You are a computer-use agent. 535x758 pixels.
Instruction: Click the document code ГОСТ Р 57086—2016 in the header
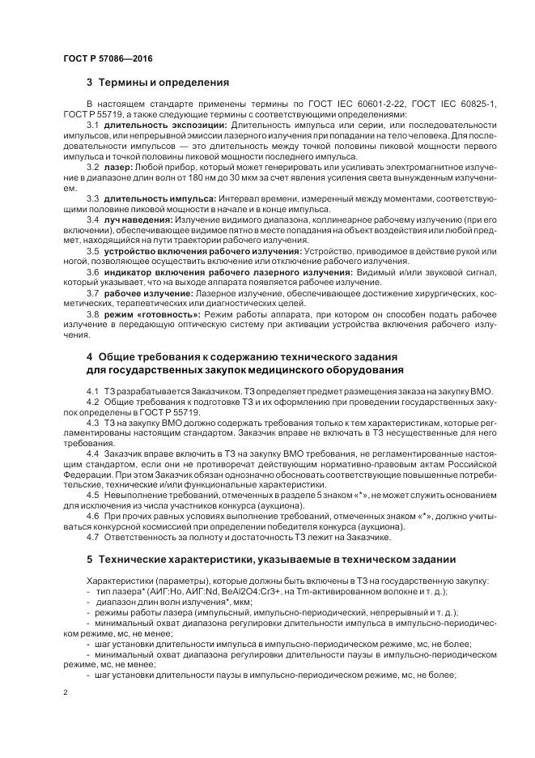point(107,59)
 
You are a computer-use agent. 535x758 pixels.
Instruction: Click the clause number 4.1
point(92,392)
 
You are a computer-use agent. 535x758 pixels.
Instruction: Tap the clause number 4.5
point(92,495)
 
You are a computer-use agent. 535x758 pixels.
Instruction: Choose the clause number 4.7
point(92,537)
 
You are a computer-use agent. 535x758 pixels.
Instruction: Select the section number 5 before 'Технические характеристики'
point(89,560)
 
